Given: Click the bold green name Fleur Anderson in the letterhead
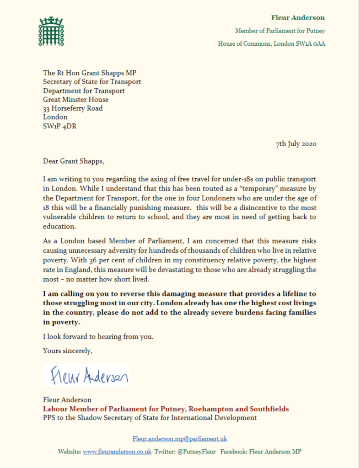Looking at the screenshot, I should (298, 18).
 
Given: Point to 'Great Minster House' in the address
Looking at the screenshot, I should (76, 99).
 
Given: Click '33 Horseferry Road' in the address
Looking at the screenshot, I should (73, 108).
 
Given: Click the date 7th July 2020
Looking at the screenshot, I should (296, 144).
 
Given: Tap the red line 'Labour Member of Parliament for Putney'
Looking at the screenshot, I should (166, 409).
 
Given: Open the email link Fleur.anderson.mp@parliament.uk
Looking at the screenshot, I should (180, 438).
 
